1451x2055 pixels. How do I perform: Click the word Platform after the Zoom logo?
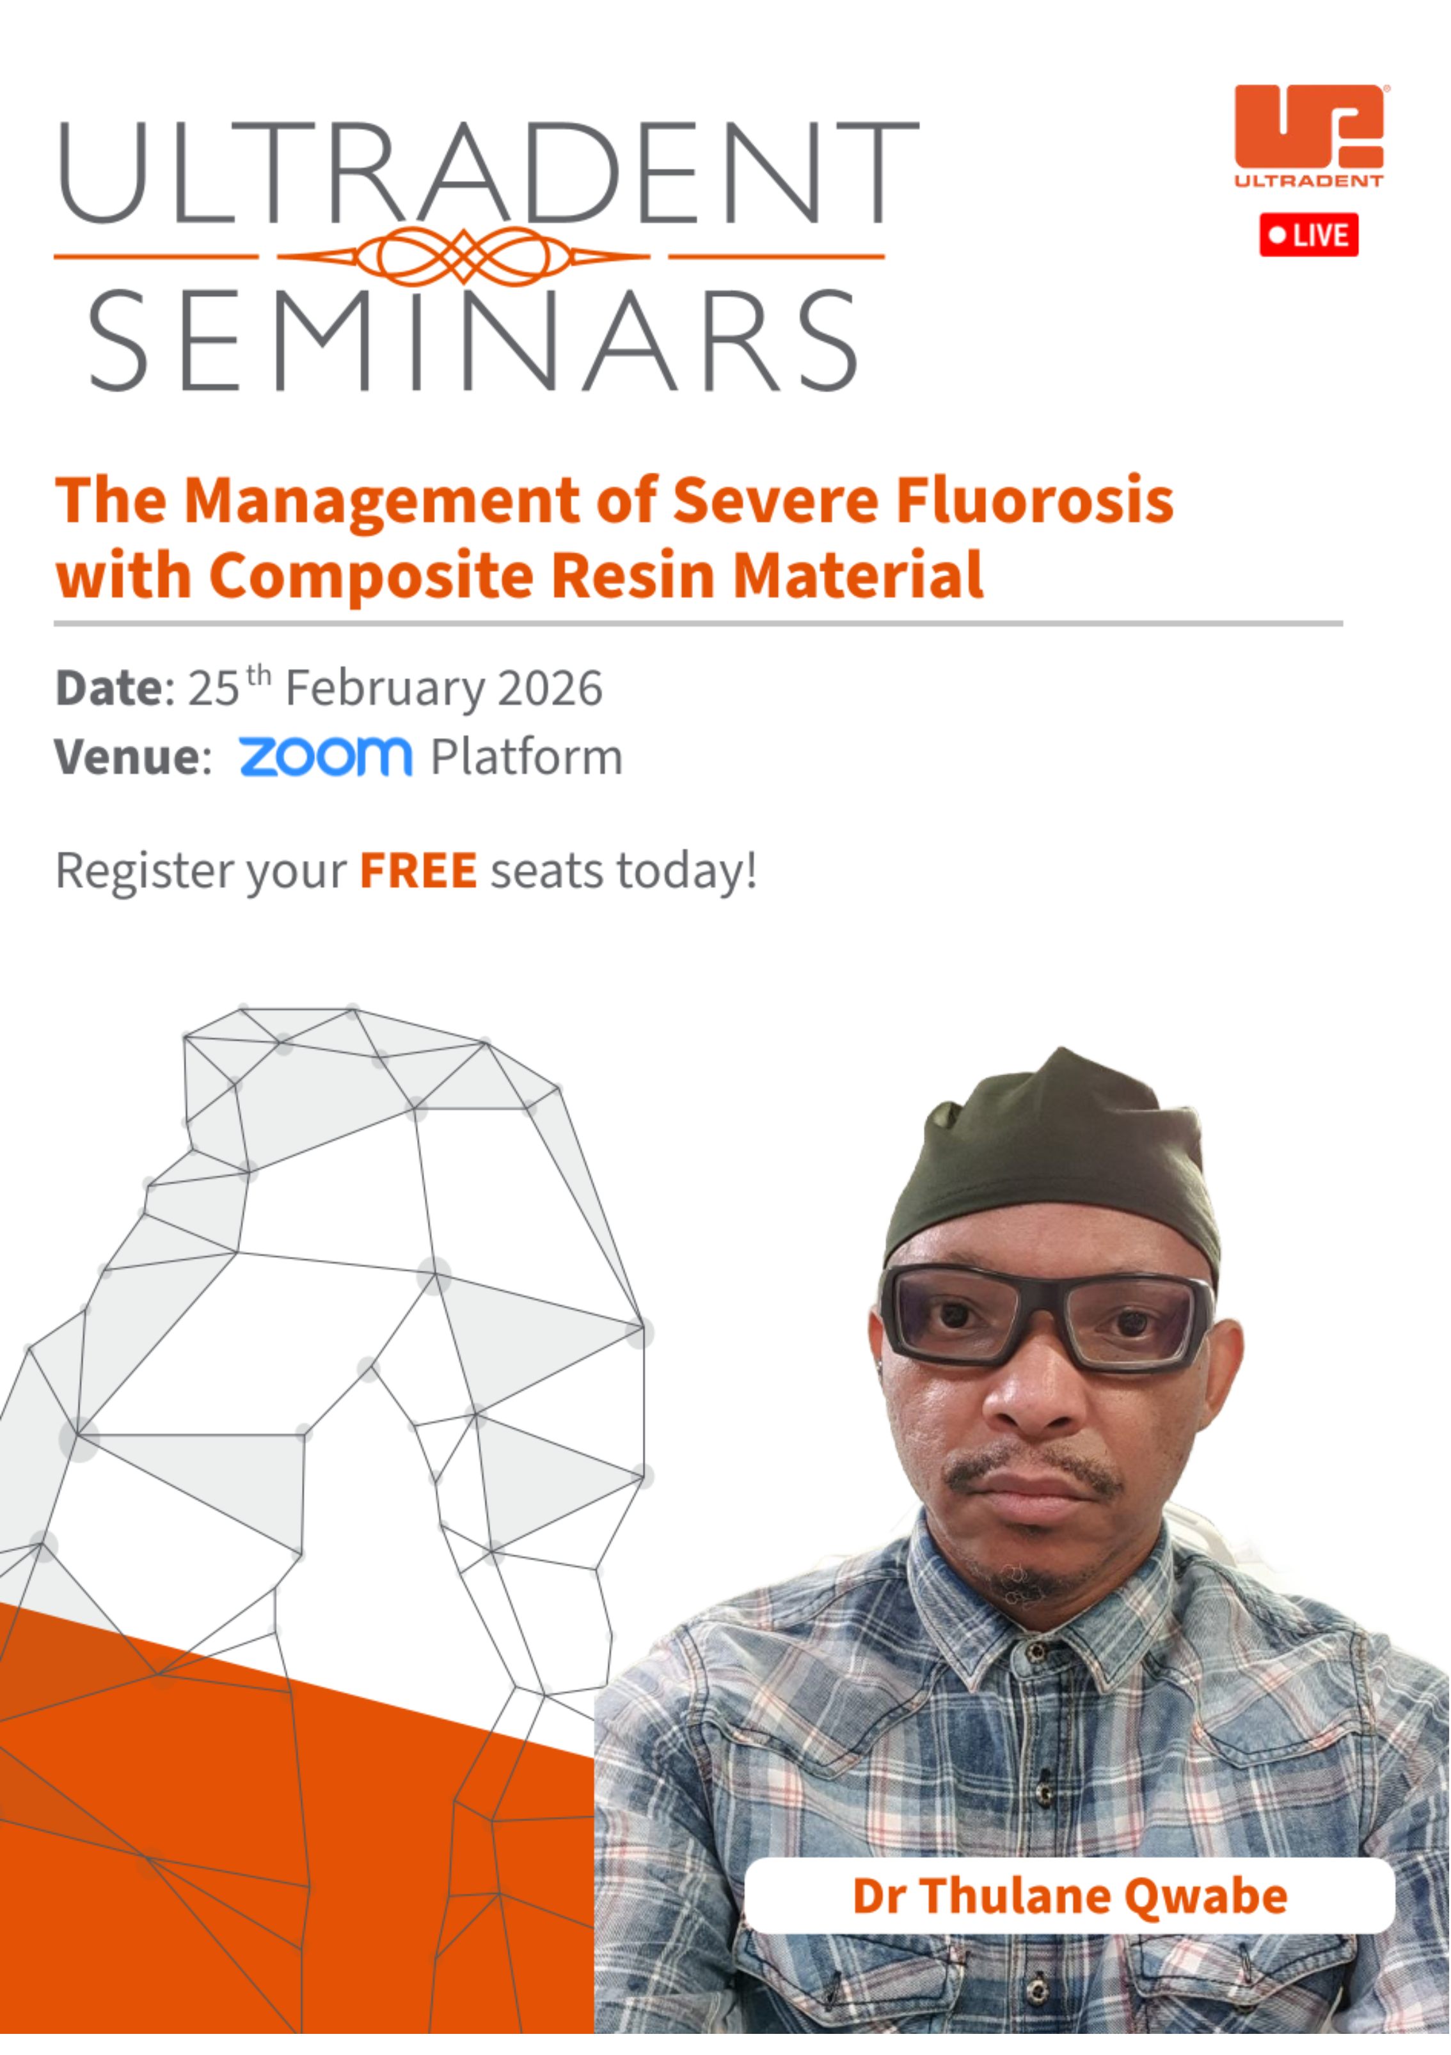click(x=527, y=758)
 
